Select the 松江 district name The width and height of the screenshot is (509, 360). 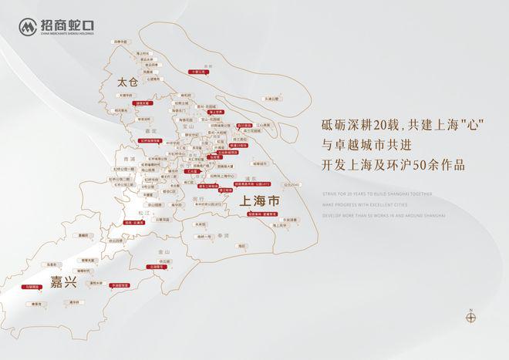tap(143, 212)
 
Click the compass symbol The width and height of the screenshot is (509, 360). tap(470, 315)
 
